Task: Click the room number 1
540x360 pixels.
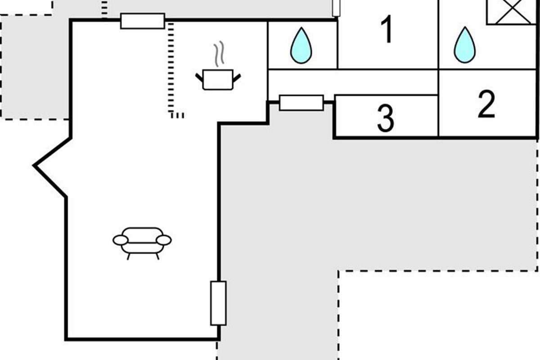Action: coord(387,29)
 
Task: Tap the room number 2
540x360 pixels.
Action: coord(486,104)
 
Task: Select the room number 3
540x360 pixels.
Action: coord(386,118)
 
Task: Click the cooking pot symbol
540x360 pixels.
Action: coord(218,80)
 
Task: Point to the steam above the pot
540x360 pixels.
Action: coord(219,54)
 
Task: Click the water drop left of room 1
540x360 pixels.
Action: coord(301,45)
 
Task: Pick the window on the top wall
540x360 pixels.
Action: coord(143,21)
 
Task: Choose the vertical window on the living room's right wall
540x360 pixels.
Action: coord(218,303)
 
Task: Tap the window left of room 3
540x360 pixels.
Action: coord(301,103)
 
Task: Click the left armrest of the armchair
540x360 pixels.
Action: coord(120,240)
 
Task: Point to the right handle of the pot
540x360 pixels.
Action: coord(237,78)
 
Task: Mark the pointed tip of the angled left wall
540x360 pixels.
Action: coord(34,166)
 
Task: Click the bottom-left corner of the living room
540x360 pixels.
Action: coord(66,339)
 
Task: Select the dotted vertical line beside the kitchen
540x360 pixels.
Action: coord(171,68)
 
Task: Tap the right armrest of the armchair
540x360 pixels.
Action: coord(164,240)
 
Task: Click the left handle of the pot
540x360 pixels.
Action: coord(199,78)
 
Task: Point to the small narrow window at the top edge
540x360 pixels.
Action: coord(336,8)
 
